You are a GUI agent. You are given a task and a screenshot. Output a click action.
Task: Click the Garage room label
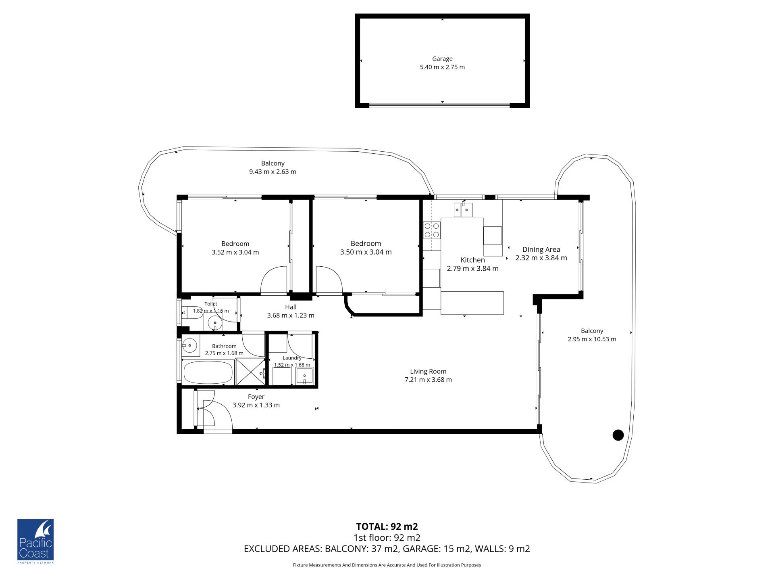point(442,59)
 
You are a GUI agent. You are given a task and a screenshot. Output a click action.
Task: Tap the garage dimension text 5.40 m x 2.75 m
point(442,67)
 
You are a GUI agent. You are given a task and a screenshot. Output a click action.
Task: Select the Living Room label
point(428,372)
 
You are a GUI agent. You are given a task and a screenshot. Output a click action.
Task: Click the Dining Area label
point(541,250)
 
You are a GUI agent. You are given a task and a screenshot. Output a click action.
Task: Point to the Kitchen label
point(472,260)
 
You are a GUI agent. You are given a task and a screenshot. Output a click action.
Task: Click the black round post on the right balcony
point(618,435)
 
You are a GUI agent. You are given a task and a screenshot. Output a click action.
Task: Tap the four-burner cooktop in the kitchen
point(432,230)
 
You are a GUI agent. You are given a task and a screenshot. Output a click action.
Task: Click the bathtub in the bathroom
point(208,372)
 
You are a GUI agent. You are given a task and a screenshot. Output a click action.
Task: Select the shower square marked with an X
point(250,372)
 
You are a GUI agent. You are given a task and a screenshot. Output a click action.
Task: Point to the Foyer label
point(256,397)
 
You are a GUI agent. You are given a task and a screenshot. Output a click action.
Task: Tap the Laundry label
point(292,358)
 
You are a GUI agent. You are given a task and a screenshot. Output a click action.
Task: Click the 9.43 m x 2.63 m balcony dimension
point(273,172)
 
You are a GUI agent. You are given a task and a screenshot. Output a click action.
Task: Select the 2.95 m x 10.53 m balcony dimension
point(592,339)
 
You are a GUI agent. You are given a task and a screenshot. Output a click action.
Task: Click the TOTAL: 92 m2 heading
point(387,527)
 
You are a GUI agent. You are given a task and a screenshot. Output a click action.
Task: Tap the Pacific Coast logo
point(35,541)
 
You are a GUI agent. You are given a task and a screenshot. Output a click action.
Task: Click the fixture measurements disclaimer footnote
point(387,565)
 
